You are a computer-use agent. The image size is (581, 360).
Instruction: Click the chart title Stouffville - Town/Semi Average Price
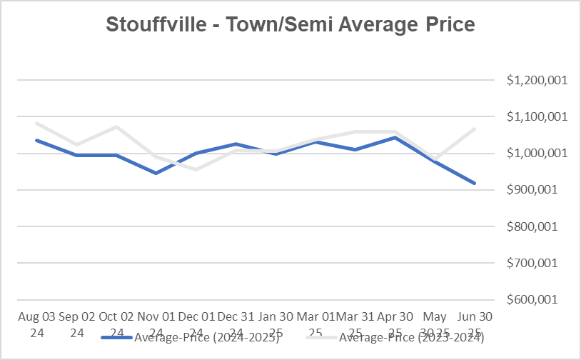click(290, 24)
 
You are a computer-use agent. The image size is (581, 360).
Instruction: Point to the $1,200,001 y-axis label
click(537, 80)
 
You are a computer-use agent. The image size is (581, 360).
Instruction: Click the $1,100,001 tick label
click(537, 116)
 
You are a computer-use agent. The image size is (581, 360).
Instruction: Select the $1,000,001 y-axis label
click(537, 153)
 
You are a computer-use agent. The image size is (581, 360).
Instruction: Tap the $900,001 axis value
click(540, 190)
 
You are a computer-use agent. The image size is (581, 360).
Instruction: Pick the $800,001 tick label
click(540, 226)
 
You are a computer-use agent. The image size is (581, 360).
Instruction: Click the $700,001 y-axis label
click(540, 263)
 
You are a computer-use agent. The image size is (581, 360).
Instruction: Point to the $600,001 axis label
click(540, 299)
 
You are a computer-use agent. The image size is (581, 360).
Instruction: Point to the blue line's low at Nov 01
click(156, 173)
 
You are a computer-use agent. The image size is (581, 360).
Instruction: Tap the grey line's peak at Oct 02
click(116, 127)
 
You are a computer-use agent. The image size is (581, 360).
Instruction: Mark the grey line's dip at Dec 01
click(196, 169)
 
